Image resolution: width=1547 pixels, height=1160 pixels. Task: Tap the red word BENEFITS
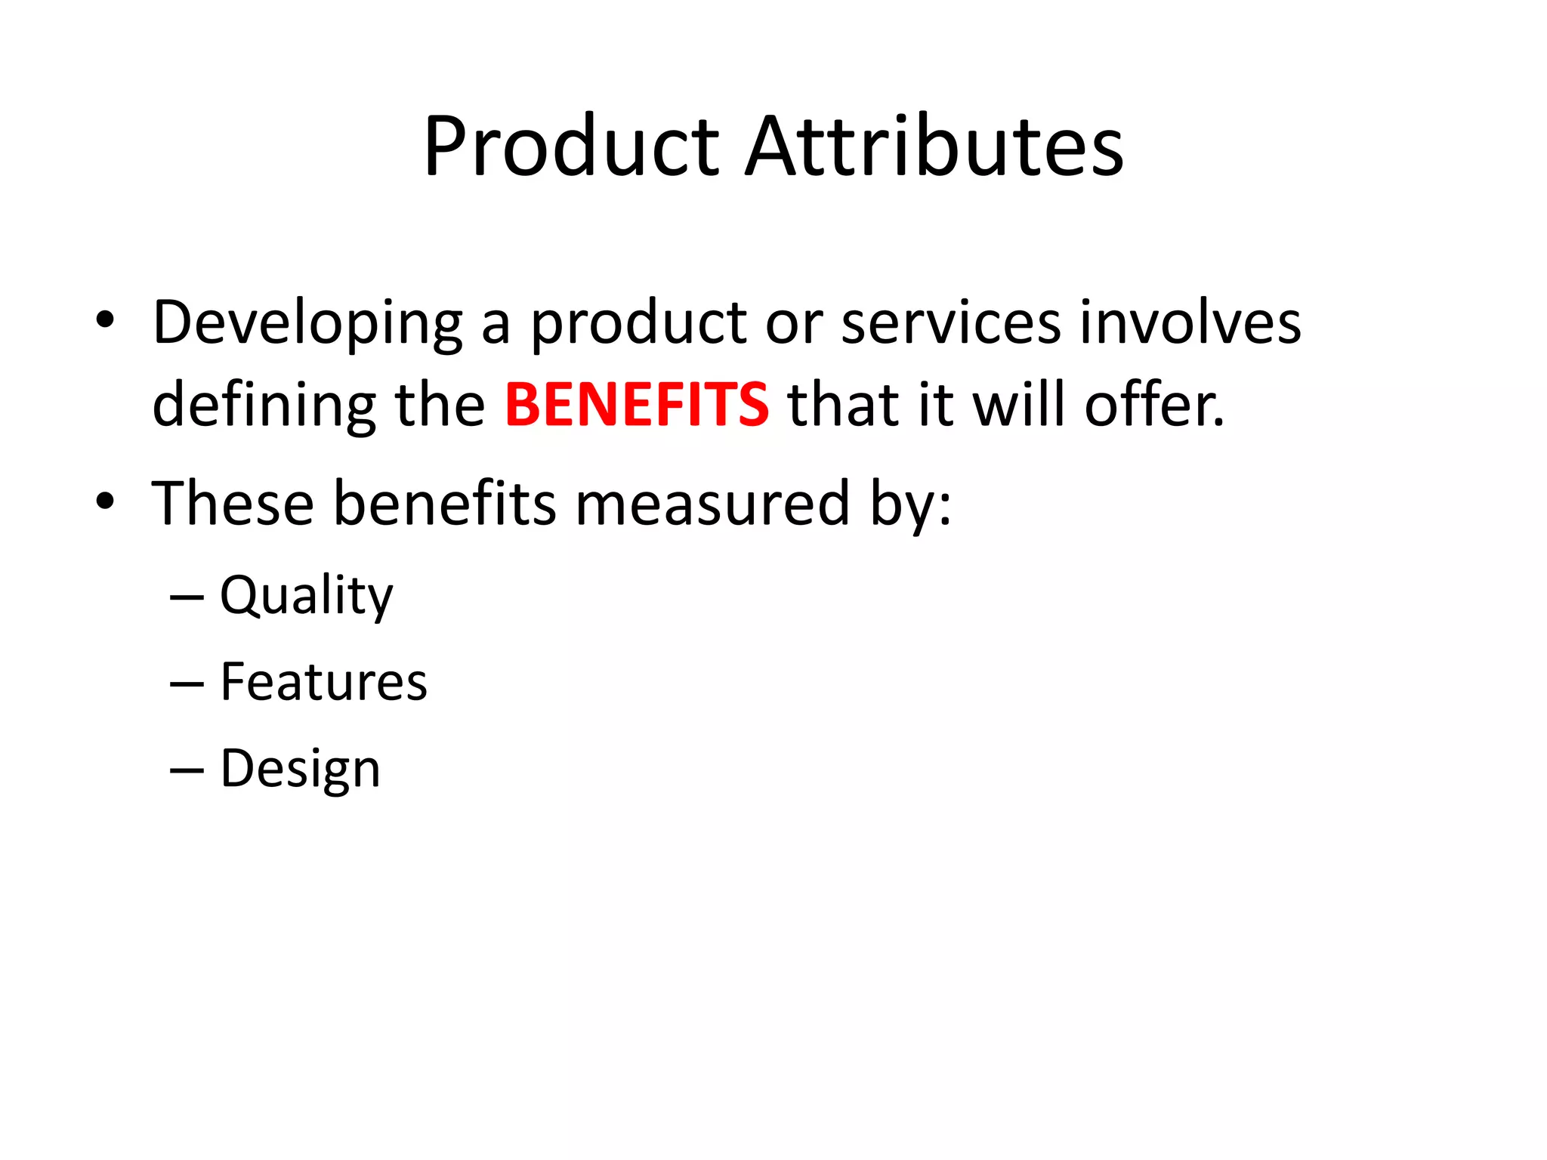(x=637, y=404)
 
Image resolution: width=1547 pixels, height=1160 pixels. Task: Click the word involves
(x=1190, y=322)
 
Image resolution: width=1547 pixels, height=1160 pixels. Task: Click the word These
(x=233, y=503)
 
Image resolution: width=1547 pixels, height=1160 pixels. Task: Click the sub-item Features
(x=323, y=682)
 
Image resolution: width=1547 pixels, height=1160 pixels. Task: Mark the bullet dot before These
(x=105, y=500)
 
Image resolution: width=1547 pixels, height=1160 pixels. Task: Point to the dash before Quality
(x=187, y=597)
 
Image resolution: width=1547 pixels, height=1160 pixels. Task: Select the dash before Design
(x=187, y=770)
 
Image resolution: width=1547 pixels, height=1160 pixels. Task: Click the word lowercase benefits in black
(x=444, y=503)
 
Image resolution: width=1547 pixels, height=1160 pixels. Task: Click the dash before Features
(x=187, y=684)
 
